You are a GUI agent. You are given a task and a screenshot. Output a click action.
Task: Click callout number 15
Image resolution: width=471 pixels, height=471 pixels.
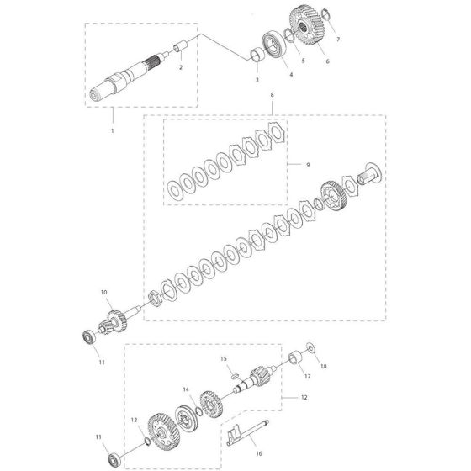click(225, 359)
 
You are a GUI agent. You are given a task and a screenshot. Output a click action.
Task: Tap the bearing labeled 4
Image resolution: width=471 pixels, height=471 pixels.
click(275, 45)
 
